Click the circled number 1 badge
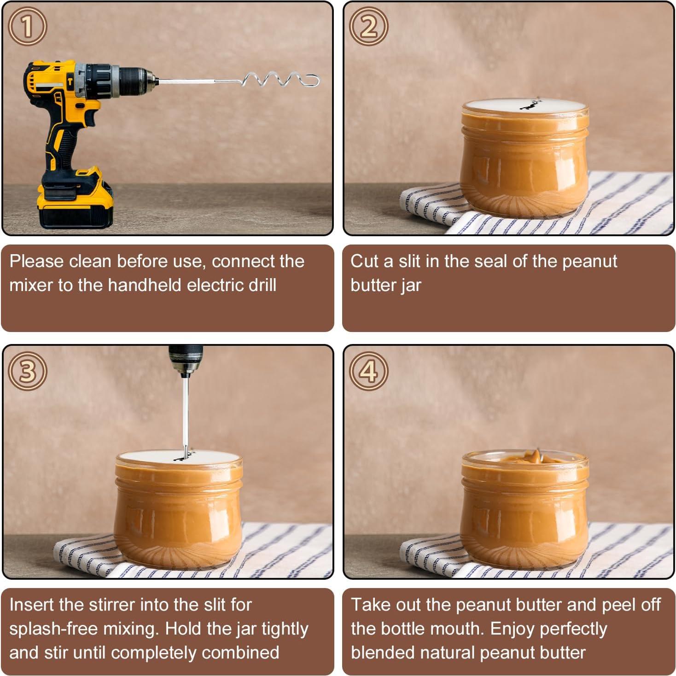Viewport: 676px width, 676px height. coord(27,26)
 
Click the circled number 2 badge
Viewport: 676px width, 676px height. coord(368,26)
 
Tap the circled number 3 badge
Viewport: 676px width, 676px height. coord(27,371)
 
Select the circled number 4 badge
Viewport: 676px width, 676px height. coord(368,371)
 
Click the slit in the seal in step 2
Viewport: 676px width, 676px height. coord(530,104)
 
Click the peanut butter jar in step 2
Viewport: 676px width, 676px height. coord(524,158)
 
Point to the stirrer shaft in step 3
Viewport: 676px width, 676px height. coord(186,418)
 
